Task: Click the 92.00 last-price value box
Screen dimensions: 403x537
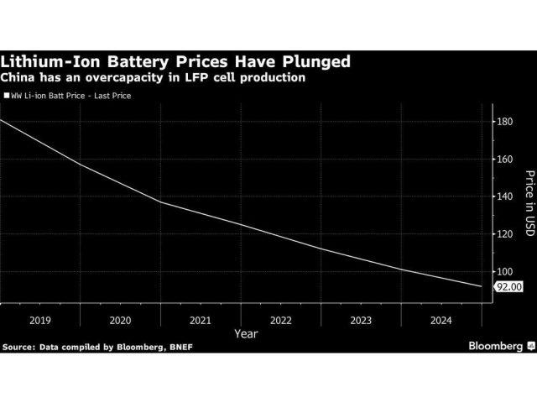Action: tap(509, 286)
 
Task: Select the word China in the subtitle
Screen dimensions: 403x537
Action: tap(20, 77)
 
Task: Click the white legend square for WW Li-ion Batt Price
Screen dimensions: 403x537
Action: tap(6, 97)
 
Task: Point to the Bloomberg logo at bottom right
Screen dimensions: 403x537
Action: tap(494, 346)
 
